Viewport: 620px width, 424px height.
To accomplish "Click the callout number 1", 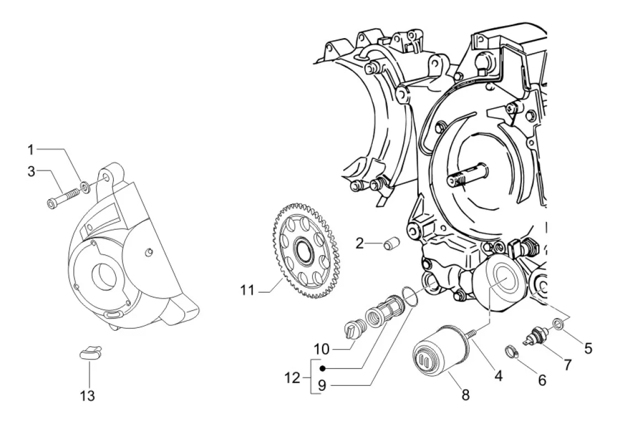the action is click(x=30, y=150).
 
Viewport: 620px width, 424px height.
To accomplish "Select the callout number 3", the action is click(x=31, y=172).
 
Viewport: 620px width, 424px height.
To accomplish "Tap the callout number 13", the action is click(x=88, y=395).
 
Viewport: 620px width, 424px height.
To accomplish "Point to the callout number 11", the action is click(x=248, y=290).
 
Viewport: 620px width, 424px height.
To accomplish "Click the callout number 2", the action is click(x=360, y=243).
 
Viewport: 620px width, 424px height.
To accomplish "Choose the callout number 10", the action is click(x=322, y=349).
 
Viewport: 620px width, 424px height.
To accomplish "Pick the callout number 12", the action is click(x=292, y=378).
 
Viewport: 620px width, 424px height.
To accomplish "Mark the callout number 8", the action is click(x=466, y=395).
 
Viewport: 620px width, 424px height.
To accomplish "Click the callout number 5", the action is click(x=589, y=348).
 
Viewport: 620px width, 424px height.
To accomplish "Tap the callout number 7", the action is click(x=568, y=364).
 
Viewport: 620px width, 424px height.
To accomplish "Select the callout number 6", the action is click(x=542, y=380).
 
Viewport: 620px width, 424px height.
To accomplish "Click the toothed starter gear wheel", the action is click(x=307, y=251).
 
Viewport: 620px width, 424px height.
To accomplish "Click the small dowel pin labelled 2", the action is click(x=392, y=243).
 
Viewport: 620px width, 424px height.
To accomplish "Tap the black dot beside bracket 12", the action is click(x=322, y=369).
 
